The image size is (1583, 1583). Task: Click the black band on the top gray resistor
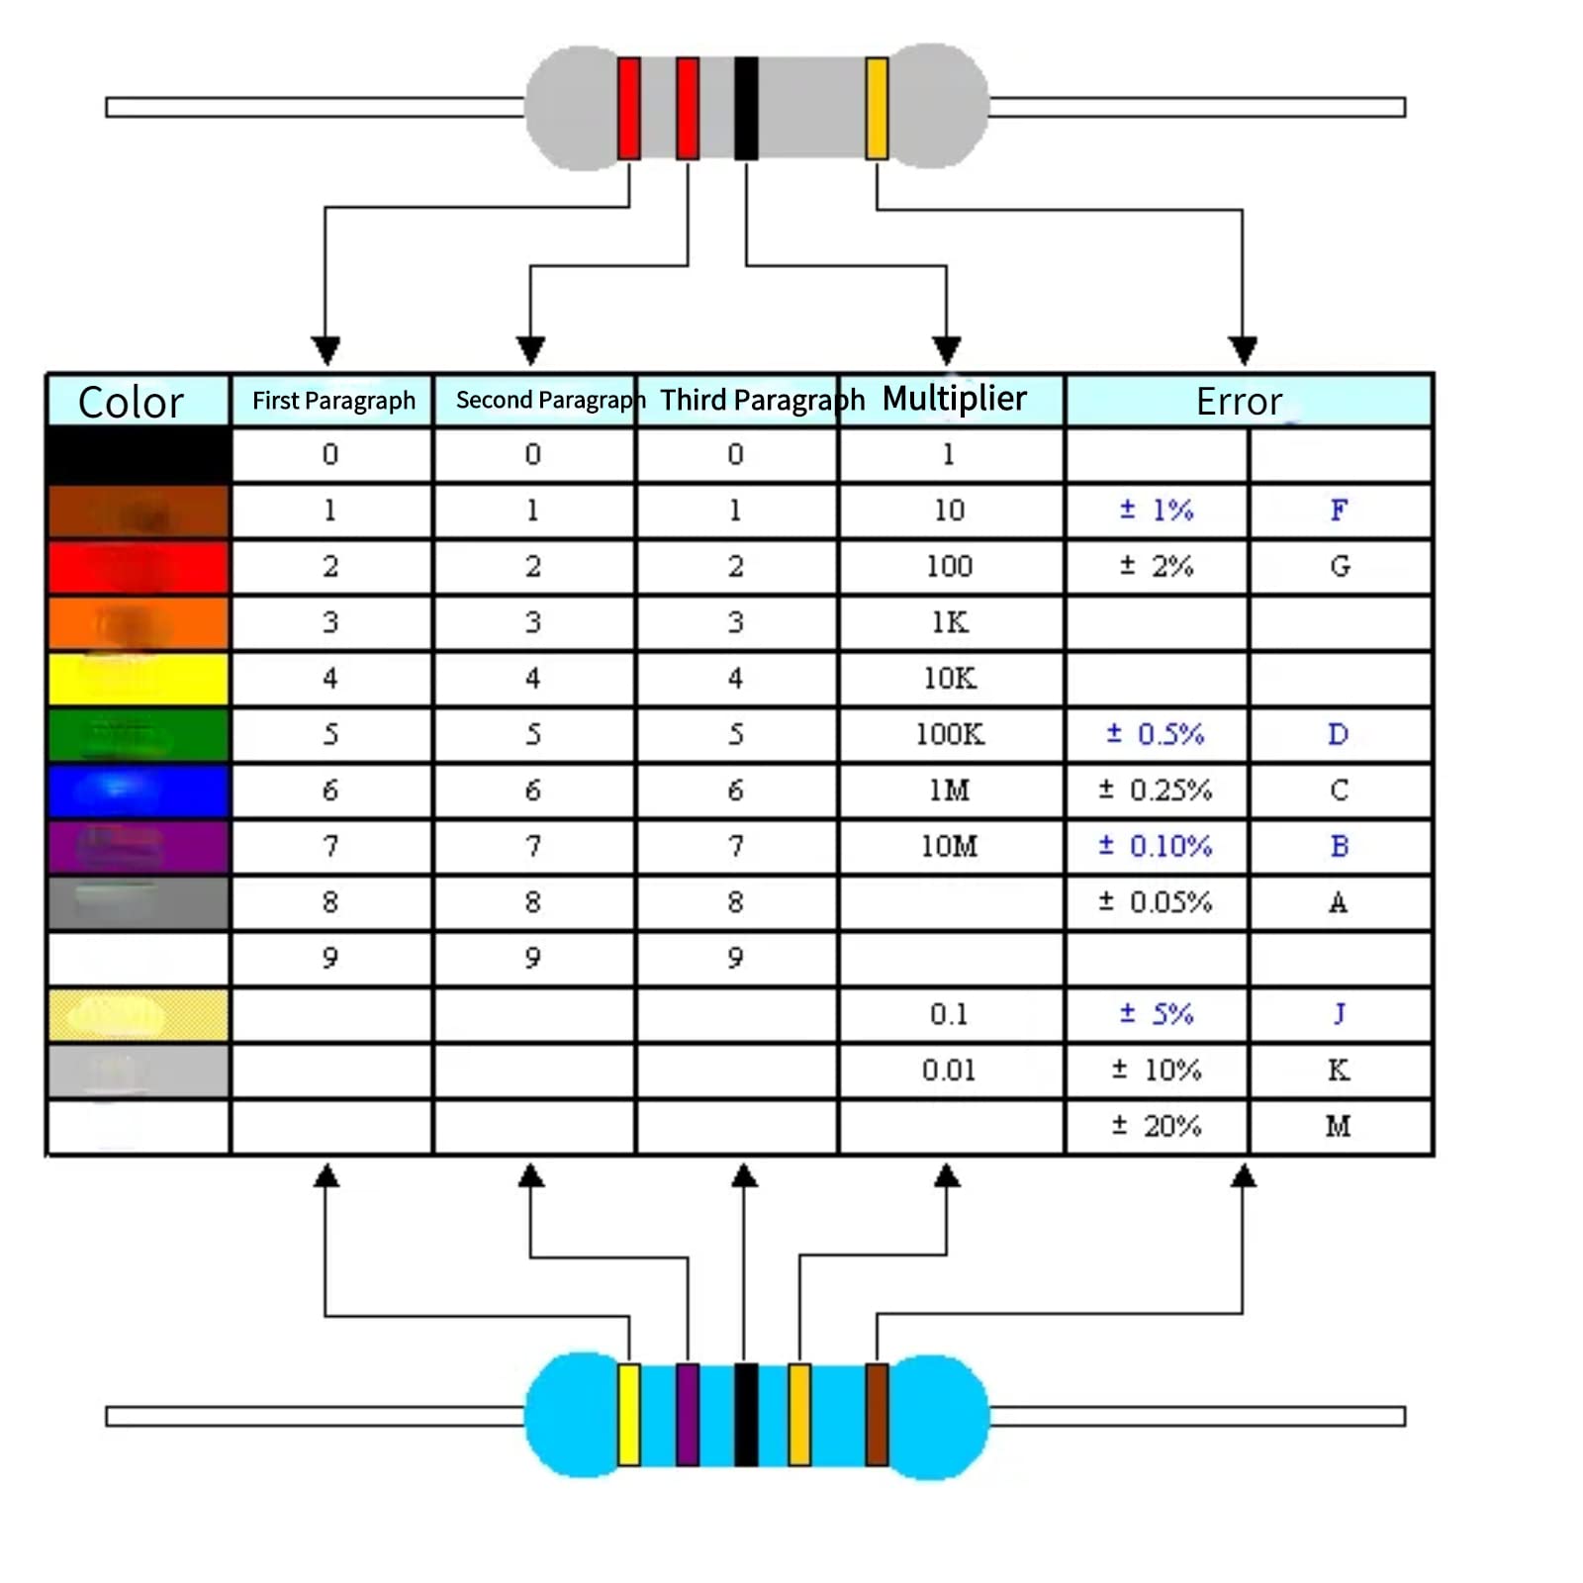[x=746, y=108]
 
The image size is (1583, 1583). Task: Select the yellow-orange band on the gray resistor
[x=877, y=108]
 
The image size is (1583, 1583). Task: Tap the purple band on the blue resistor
[x=688, y=1414]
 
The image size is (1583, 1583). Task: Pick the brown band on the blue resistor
[x=877, y=1414]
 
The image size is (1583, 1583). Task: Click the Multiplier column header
[x=954, y=399]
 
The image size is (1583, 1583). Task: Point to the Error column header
[x=1239, y=402]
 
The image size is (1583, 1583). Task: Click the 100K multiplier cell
[x=949, y=734]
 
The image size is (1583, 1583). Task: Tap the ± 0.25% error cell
[x=1155, y=791]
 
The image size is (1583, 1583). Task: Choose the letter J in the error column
[x=1339, y=1014]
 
